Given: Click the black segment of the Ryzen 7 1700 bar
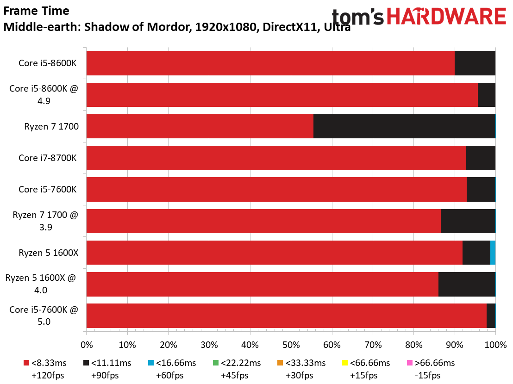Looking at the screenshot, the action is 404,126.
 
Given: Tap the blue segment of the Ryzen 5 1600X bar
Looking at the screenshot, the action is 493,253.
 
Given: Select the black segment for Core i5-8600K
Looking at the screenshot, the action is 475,63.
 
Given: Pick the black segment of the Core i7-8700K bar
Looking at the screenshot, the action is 481,158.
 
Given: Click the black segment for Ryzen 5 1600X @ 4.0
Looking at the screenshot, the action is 467,285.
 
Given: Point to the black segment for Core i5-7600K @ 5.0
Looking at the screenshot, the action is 491,316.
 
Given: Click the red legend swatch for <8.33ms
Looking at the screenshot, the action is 26,363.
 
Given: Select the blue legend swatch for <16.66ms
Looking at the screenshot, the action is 151,363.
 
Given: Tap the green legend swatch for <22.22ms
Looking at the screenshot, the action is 216,363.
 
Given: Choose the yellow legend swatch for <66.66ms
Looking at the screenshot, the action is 345,363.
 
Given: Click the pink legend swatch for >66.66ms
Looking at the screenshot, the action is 410,363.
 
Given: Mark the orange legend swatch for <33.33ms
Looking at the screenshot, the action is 280,363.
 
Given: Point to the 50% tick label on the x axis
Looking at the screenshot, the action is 291,345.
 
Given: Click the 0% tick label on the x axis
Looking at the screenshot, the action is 87,345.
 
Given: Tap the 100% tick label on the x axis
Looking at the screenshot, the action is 495,345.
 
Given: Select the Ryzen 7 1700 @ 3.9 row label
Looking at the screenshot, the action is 45,221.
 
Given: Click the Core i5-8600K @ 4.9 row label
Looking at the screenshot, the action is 44,94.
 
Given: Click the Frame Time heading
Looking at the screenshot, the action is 36,11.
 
